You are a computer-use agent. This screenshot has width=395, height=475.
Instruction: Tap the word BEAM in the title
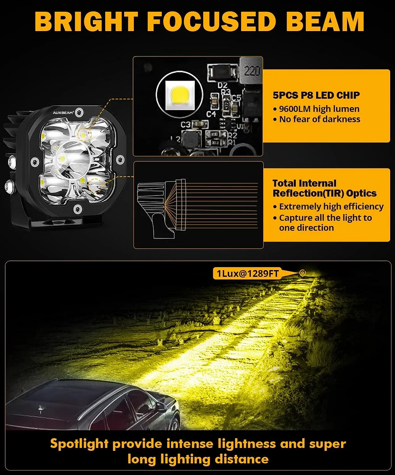325,21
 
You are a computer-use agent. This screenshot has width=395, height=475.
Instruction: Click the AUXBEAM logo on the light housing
63,112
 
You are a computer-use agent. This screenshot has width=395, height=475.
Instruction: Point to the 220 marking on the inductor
252,71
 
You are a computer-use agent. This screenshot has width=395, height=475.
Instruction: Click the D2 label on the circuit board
222,85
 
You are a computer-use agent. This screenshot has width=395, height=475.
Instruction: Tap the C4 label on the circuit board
211,114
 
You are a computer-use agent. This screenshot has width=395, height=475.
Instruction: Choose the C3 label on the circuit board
185,125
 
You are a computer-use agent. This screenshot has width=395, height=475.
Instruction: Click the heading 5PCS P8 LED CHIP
316,96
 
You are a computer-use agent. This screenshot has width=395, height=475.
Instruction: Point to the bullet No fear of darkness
316,119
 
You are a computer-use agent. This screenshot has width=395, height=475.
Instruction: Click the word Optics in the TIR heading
362,193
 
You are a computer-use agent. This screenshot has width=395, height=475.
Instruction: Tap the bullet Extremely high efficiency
328,206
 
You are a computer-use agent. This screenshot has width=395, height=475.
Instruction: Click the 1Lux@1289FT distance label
247,273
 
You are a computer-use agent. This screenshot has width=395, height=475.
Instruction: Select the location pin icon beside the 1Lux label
302,273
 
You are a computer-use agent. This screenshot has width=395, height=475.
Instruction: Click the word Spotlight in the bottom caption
79,444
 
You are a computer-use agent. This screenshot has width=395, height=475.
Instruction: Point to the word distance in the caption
241,459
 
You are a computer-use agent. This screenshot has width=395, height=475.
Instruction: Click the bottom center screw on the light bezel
78,208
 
